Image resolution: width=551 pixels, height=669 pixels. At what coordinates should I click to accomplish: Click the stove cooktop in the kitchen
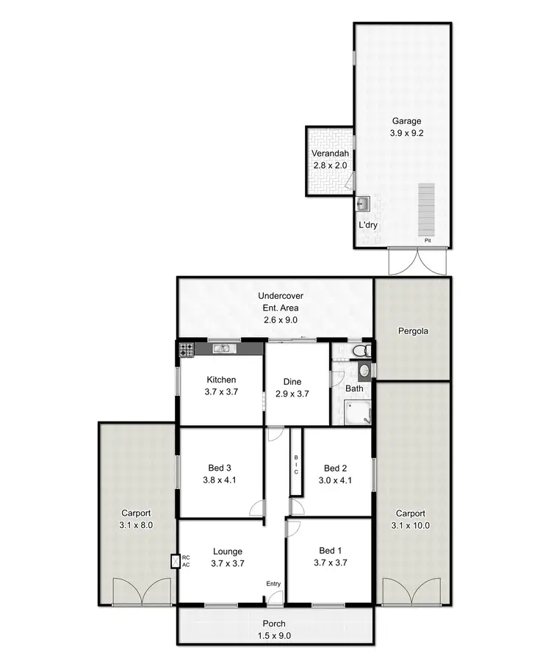[x=185, y=350]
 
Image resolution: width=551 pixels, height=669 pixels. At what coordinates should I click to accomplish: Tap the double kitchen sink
[x=221, y=348]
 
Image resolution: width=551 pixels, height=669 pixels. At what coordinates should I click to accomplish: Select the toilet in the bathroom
[x=360, y=352]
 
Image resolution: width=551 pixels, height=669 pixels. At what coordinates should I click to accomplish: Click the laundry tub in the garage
[x=363, y=204]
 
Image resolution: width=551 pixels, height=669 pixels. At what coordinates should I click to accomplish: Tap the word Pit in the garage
[x=426, y=240]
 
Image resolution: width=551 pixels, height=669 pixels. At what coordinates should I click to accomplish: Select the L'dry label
[x=367, y=225]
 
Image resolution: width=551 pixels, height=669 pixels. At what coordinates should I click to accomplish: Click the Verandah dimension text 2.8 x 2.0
[x=328, y=165]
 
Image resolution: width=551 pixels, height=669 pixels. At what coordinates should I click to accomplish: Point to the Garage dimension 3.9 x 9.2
[x=406, y=134]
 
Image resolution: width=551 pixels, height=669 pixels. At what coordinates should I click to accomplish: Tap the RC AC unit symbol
[x=175, y=562]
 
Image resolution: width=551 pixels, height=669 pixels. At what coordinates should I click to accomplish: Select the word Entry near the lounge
[x=273, y=584]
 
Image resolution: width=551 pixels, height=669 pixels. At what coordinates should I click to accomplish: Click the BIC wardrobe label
[x=296, y=465]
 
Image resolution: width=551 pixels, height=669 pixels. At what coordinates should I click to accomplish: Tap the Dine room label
[x=292, y=382]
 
